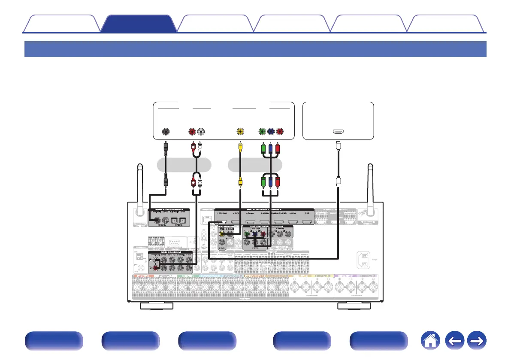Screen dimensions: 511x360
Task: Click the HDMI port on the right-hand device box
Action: coord(338,131)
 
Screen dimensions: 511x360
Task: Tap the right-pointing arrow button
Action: coord(477,342)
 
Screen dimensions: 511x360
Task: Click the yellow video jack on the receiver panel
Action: coord(221,234)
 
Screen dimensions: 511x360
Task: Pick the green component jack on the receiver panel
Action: coord(246,234)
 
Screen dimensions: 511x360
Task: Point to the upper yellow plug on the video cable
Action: coord(241,150)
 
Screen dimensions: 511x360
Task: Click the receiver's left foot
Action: coord(157,306)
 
